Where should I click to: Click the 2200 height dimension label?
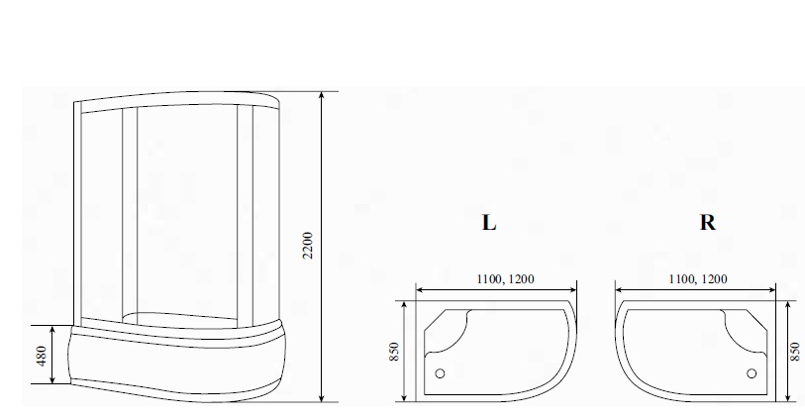click(x=308, y=246)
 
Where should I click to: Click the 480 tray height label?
click(x=43, y=356)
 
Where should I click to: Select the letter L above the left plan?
click(x=489, y=222)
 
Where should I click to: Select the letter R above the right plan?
click(x=707, y=222)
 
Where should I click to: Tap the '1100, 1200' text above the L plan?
click(x=505, y=279)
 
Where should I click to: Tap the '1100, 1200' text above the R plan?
click(x=698, y=279)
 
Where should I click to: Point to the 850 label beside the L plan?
click(x=394, y=352)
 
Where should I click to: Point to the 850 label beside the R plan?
click(x=795, y=352)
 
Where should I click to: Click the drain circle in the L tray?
click(x=440, y=373)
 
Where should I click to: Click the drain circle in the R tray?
click(x=752, y=373)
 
